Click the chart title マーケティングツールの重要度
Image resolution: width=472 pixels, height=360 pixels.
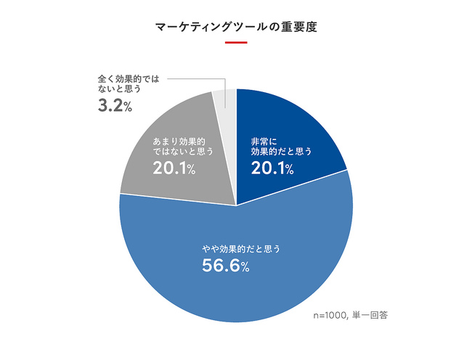click(x=236, y=28)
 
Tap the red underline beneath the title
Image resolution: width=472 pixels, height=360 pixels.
click(x=236, y=42)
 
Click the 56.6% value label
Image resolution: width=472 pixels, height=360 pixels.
click(x=225, y=266)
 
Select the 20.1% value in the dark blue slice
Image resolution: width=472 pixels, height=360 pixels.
click(x=272, y=169)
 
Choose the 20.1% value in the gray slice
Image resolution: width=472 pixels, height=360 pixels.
click(x=174, y=169)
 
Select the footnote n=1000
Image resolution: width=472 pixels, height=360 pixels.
click(x=330, y=316)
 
